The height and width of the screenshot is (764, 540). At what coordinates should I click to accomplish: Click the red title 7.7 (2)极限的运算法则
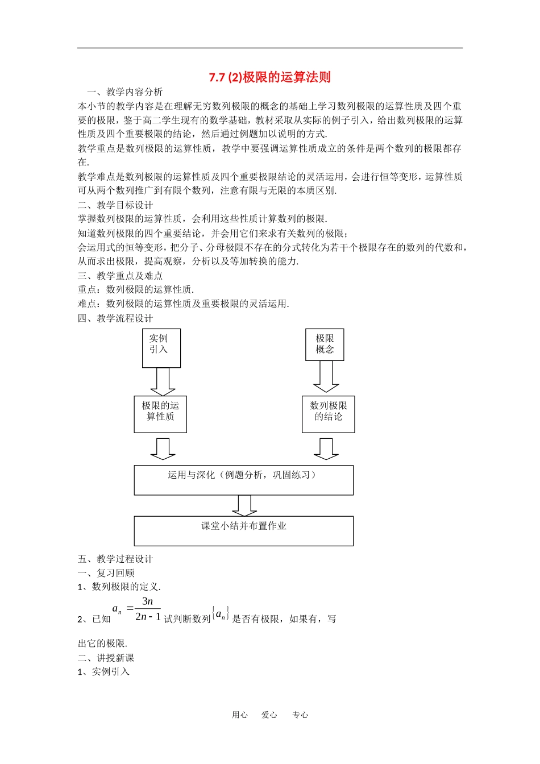pyautogui.click(x=269, y=77)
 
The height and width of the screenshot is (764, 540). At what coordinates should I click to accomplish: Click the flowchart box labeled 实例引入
pyautogui.click(x=161, y=348)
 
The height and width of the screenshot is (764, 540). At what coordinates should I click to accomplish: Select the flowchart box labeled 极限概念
pyautogui.click(x=325, y=344)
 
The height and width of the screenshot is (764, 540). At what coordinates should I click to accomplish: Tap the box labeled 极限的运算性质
pyautogui.click(x=160, y=414)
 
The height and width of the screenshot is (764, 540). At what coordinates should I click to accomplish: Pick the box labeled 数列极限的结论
pyautogui.click(x=328, y=414)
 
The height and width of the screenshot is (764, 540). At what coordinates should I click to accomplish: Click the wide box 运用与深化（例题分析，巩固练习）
pyautogui.click(x=243, y=480)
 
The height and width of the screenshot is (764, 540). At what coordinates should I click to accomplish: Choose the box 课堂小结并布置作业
pyautogui.click(x=243, y=530)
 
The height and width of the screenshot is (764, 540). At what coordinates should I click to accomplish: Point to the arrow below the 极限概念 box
pyautogui.click(x=326, y=376)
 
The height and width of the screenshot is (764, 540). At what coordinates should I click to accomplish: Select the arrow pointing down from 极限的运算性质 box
pyautogui.click(x=163, y=449)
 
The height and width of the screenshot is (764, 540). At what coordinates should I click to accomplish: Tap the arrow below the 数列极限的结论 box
pyautogui.click(x=326, y=449)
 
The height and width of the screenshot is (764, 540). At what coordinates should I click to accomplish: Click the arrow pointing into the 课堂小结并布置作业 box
pyautogui.click(x=244, y=505)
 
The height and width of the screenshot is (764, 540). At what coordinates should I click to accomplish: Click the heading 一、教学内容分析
pyautogui.click(x=124, y=92)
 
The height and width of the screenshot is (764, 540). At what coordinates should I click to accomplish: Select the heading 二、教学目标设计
pyautogui.click(x=115, y=205)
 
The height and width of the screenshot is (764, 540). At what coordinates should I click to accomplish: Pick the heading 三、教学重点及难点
pyautogui.click(x=120, y=275)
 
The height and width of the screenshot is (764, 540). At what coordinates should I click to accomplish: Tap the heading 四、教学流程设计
pyautogui.click(x=115, y=318)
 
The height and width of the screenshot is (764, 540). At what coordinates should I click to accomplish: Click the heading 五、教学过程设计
pyautogui.click(x=115, y=559)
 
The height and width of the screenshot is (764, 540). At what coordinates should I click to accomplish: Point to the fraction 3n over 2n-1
pyautogui.click(x=148, y=609)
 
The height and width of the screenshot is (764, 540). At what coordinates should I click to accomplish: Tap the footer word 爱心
pyautogui.click(x=269, y=715)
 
